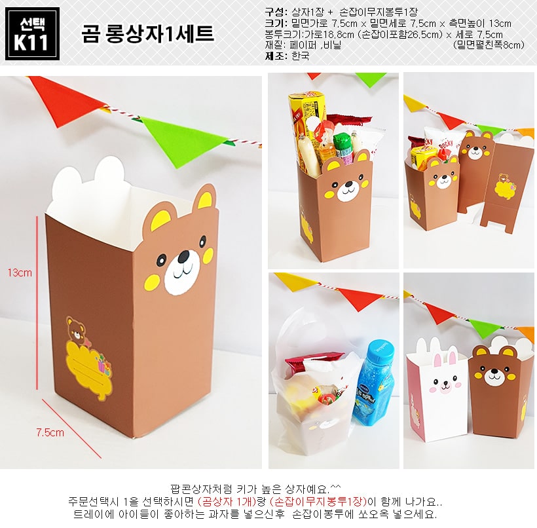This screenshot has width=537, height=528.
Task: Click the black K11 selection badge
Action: (x=32, y=33)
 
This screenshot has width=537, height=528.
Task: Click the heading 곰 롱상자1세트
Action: (x=147, y=33)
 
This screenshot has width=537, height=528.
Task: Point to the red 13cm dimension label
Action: (x=20, y=273)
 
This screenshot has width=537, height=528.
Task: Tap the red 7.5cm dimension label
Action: (x=50, y=432)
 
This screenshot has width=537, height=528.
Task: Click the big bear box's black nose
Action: (x=183, y=255)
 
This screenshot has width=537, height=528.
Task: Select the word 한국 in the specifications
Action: (x=301, y=56)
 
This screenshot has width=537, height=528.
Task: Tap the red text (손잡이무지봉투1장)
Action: (x=318, y=502)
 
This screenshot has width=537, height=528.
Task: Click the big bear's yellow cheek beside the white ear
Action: (x=151, y=283)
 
